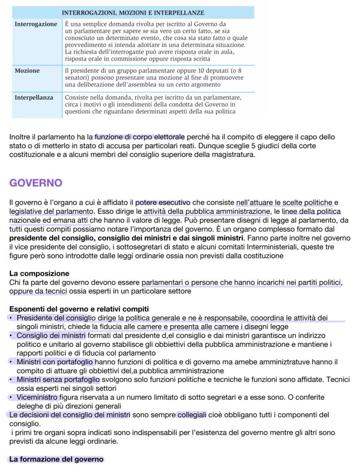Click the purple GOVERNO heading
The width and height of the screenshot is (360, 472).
36,183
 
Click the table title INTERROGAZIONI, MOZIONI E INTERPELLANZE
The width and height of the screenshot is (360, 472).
133,13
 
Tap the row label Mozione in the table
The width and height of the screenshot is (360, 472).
27,71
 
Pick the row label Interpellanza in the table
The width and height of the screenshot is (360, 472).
34,98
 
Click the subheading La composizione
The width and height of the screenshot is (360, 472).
39,273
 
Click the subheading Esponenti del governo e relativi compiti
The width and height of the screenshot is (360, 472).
79,309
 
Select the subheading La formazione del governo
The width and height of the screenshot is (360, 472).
56,459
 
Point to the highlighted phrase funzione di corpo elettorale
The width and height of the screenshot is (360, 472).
140,137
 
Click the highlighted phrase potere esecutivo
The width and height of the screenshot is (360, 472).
163,202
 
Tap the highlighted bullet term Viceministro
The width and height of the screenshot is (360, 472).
37,397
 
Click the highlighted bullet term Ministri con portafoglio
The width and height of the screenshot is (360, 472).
55,362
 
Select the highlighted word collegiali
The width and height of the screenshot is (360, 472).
191,415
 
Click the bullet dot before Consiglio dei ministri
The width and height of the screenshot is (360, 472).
11,336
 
